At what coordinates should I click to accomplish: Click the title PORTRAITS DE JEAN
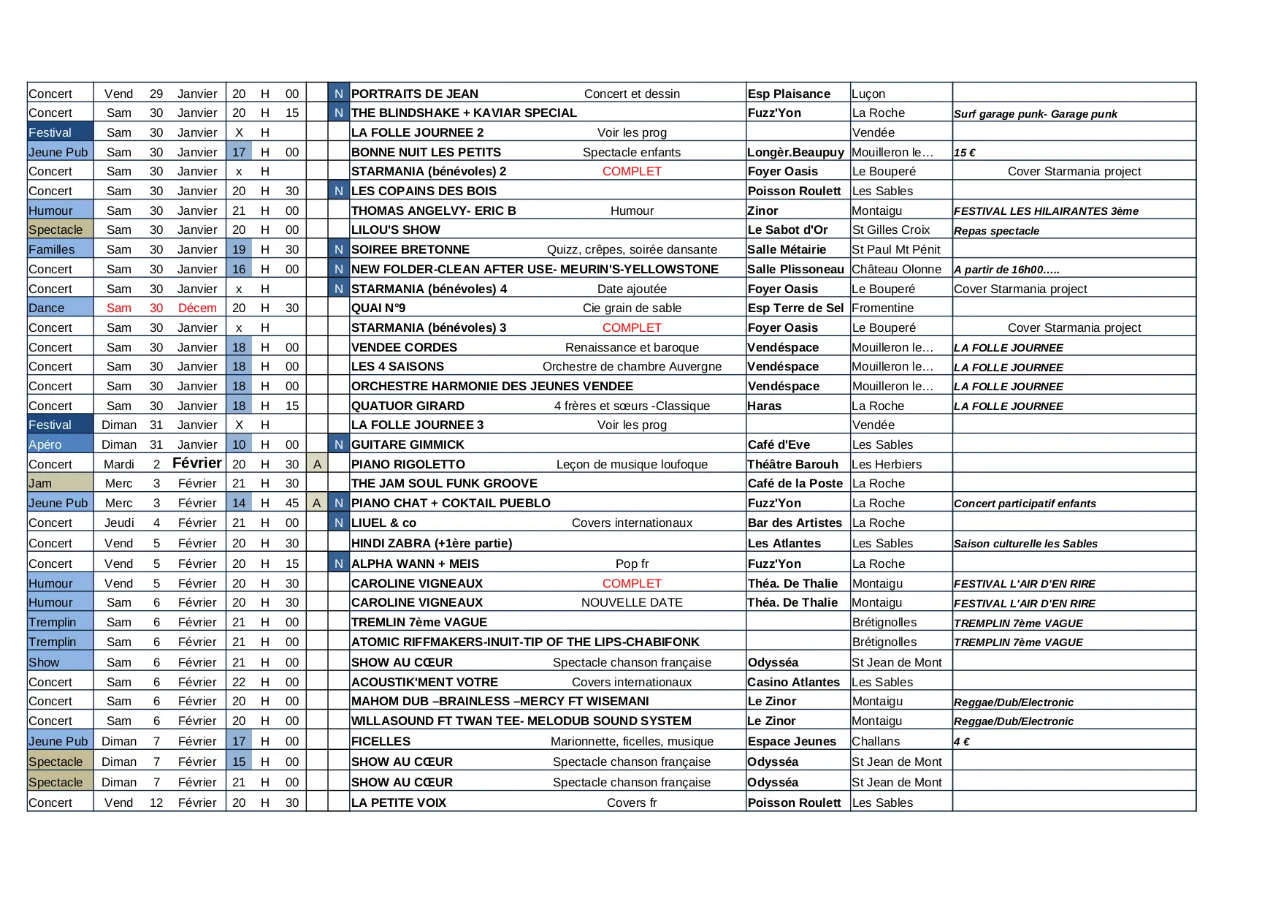(414, 94)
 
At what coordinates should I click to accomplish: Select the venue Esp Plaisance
(789, 94)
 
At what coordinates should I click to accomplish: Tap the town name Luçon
(868, 94)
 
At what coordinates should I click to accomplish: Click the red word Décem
(197, 308)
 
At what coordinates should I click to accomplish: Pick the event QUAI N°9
(378, 308)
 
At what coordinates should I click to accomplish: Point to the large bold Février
(197, 463)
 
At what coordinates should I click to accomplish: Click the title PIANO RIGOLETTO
(408, 464)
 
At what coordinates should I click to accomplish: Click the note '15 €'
(965, 153)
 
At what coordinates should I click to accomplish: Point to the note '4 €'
(962, 742)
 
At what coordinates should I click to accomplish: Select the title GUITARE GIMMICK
(408, 444)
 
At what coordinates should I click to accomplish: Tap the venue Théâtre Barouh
(792, 464)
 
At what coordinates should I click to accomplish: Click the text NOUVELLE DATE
(632, 602)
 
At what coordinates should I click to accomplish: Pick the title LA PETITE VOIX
(398, 802)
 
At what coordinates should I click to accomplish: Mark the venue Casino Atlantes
(793, 682)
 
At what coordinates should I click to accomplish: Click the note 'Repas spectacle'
(996, 231)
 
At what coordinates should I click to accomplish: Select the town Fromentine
(882, 308)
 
